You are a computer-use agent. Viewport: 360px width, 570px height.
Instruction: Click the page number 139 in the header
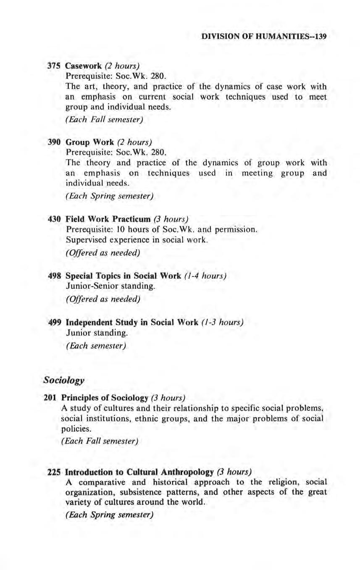click(x=321, y=37)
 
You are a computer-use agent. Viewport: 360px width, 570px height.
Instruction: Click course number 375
click(x=52, y=66)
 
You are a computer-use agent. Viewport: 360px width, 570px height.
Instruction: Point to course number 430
click(x=52, y=219)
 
